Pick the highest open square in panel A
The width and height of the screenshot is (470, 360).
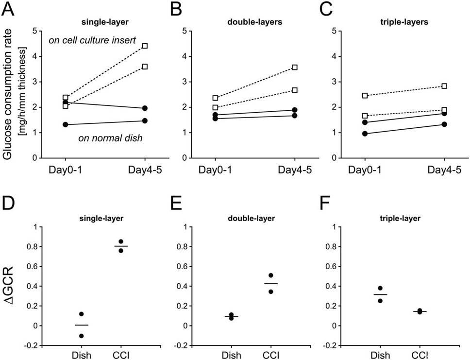[x=145, y=46]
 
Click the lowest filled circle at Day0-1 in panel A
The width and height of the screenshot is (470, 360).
[x=66, y=125]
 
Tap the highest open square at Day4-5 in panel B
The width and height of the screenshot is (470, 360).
[x=295, y=68]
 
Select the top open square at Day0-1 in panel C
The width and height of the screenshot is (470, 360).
[x=365, y=96]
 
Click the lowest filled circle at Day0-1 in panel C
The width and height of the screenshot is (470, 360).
[x=365, y=134]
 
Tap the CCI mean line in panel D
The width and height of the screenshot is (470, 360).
[x=121, y=246]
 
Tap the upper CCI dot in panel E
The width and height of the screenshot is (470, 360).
[x=271, y=275]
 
